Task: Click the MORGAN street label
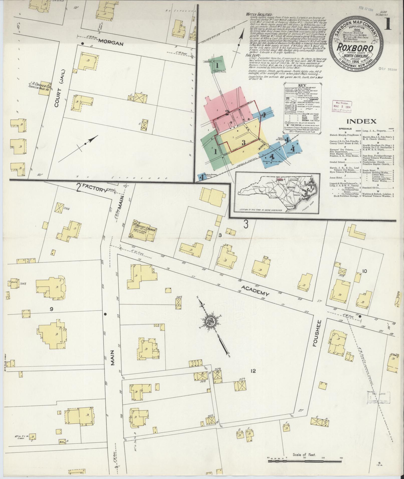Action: point(111,44)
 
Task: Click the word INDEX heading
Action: point(361,122)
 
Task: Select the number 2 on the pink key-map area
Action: point(227,112)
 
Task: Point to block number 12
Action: point(253,378)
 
